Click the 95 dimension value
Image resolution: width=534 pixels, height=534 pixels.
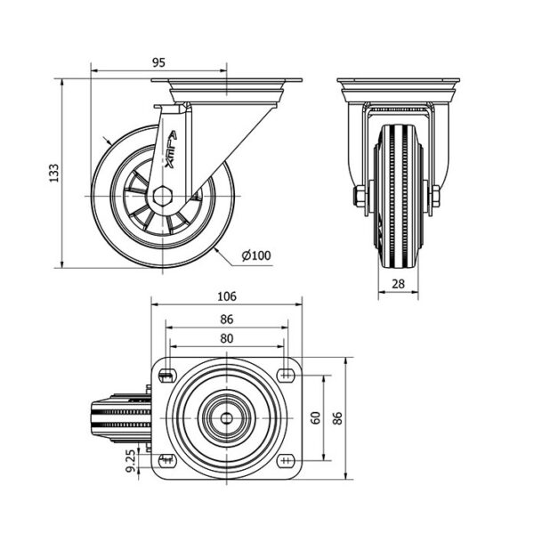[x=158, y=62]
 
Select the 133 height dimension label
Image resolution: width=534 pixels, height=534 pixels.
[x=54, y=173]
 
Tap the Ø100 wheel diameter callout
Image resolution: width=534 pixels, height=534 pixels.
[x=256, y=255]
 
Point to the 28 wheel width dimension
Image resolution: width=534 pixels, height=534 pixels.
[x=398, y=284]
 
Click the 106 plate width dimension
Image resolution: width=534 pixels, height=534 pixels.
[x=227, y=296]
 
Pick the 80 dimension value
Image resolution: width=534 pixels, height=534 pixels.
[x=227, y=338]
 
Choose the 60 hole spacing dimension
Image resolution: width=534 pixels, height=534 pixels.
[x=316, y=417]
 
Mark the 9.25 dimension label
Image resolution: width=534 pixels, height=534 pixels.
[x=131, y=460]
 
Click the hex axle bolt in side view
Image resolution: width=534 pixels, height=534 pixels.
[x=163, y=197]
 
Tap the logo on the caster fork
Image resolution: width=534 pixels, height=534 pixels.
[x=170, y=150]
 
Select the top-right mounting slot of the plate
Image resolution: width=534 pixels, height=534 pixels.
[x=286, y=375]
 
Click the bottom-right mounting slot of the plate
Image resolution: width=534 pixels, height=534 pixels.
[x=286, y=460]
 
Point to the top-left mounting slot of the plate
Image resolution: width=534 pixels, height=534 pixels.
[x=167, y=375]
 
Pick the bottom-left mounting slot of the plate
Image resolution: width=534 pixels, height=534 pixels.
[x=167, y=460]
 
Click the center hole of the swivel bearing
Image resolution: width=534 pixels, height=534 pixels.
[x=226, y=418]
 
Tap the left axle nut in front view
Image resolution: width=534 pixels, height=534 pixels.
[x=359, y=197]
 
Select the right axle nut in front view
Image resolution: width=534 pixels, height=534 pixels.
[x=435, y=197]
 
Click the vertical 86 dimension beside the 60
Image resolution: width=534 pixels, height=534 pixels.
[x=336, y=418]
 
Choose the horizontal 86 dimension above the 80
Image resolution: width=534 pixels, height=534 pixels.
[x=227, y=320]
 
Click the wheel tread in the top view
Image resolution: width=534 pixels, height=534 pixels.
[x=121, y=418]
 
